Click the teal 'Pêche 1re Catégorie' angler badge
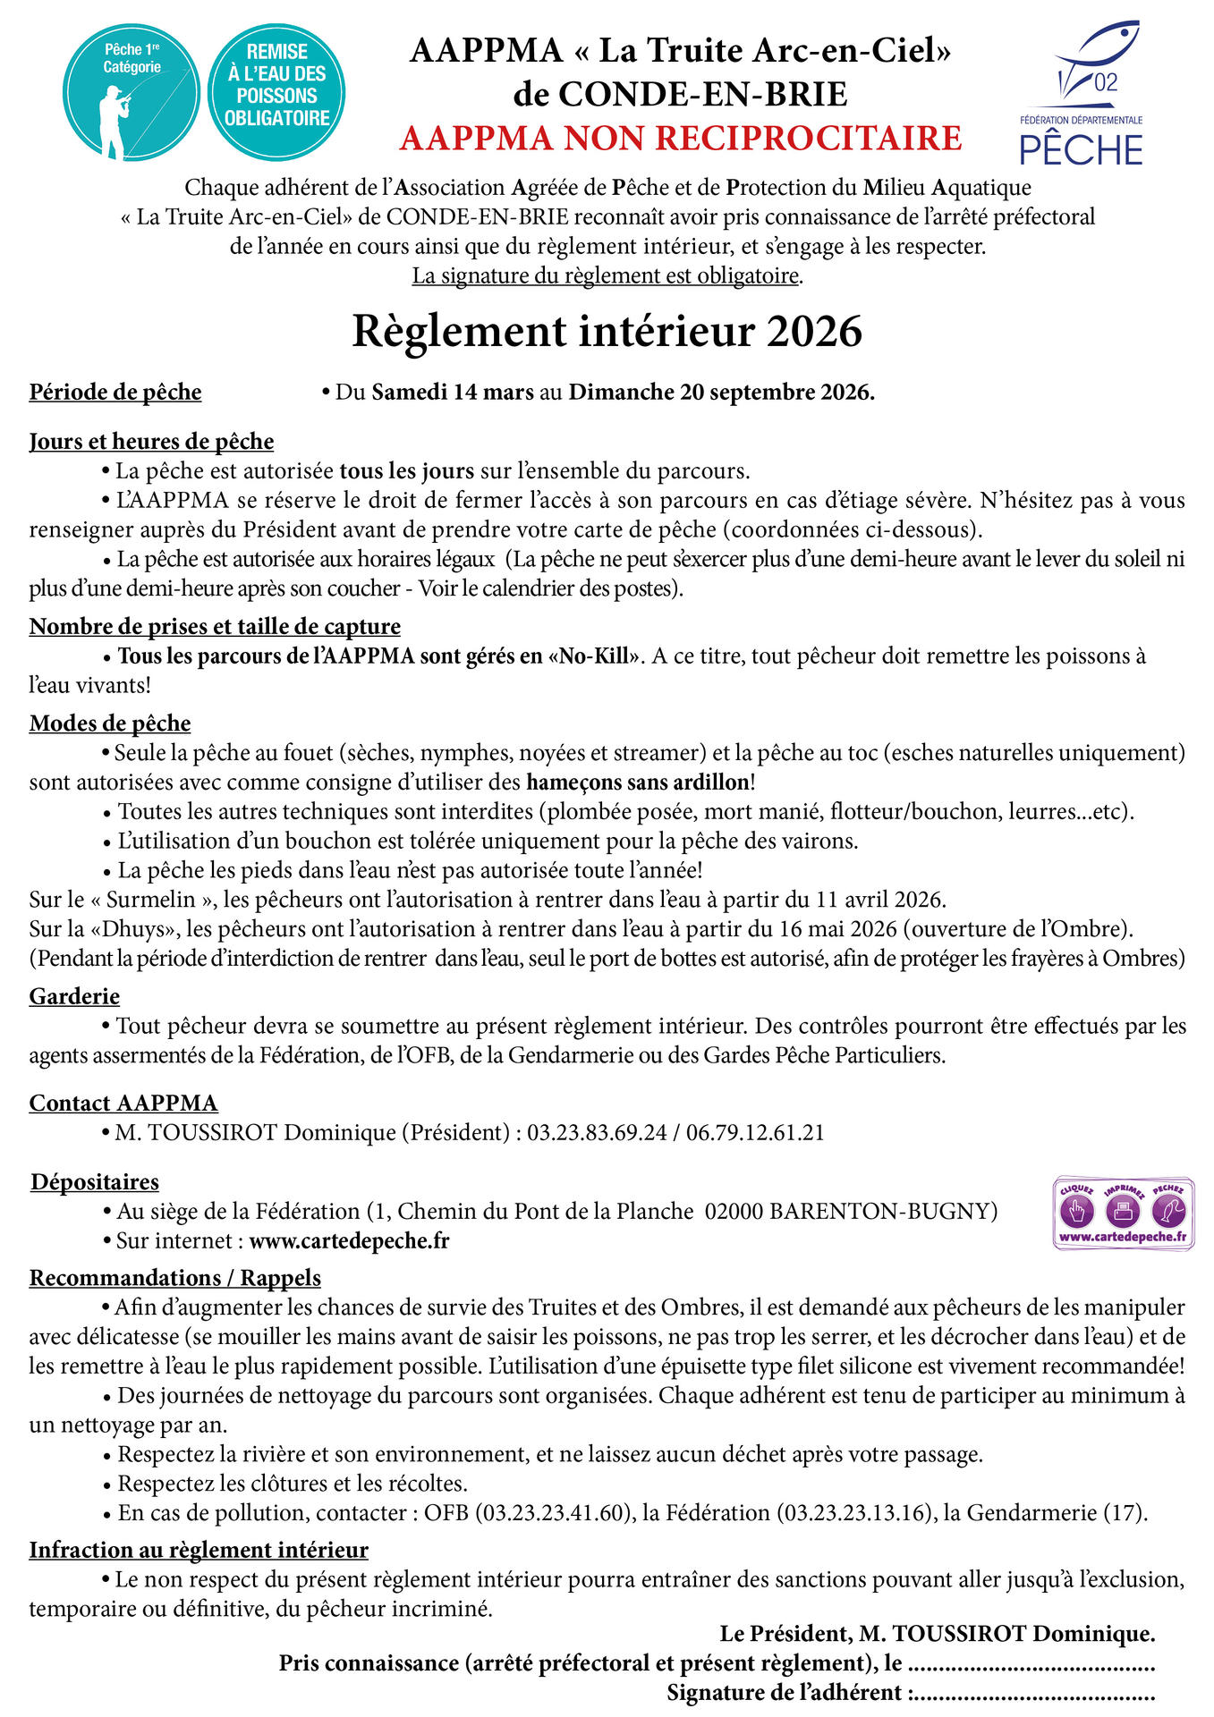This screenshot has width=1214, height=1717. pyautogui.click(x=132, y=93)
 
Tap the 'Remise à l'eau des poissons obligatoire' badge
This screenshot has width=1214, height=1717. pyautogui.click(x=276, y=93)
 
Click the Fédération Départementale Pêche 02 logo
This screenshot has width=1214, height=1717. pyautogui.click(x=1082, y=95)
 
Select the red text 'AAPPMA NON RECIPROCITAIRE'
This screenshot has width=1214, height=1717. pyautogui.click(x=680, y=139)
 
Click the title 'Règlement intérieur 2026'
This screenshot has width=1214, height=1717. pyautogui.click(x=607, y=331)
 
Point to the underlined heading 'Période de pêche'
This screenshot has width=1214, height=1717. pyautogui.click(x=115, y=393)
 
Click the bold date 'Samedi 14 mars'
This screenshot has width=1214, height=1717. pyautogui.click(x=453, y=393)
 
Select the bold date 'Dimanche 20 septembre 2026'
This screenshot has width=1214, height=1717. pyautogui.click(x=720, y=393)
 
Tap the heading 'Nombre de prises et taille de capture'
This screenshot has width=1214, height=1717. pyautogui.click(x=215, y=627)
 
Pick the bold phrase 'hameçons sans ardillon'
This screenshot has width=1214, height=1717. pyautogui.click(x=638, y=782)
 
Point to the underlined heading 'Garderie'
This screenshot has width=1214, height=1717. pyautogui.click(x=74, y=996)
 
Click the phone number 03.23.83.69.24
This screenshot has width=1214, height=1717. pyautogui.click(x=597, y=1133)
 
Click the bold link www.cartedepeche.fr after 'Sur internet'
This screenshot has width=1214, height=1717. pyautogui.click(x=349, y=1241)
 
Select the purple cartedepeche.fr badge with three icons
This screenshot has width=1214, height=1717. pyautogui.click(x=1123, y=1214)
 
